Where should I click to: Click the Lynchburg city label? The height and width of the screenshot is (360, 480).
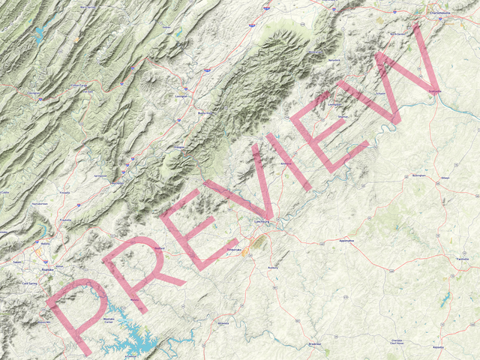pyautogui.click(x=261, y=222)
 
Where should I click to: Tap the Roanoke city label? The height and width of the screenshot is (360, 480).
pyautogui.click(x=47, y=267)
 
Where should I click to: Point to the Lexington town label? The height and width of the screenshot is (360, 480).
pyautogui.click(x=180, y=97)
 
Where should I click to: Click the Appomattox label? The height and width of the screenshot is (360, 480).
pyautogui.click(x=346, y=241)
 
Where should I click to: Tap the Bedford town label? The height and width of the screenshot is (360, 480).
pyautogui.click(x=158, y=247)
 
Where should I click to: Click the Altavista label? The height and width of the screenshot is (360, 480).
pyautogui.click(x=223, y=323)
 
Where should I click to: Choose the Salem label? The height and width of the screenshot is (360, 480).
pyautogui.click(x=17, y=262)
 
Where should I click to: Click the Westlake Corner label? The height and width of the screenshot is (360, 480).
pyautogui.click(x=109, y=321)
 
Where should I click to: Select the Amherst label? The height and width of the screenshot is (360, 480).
pyautogui.click(x=284, y=163)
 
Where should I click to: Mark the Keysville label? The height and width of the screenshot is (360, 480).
pyautogui.click(x=437, y=347)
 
